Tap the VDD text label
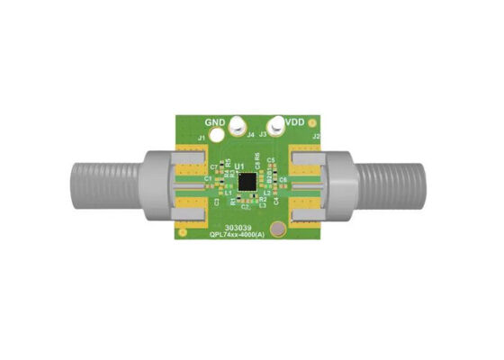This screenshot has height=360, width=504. pyautogui.click(x=295, y=121)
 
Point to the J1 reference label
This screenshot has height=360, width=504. pyautogui.click(x=202, y=137)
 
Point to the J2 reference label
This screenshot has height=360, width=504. pyautogui.click(x=315, y=137)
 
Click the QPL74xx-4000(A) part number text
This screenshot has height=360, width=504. pyautogui.click(x=237, y=236)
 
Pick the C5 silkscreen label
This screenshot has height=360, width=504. pyautogui.click(x=272, y=160)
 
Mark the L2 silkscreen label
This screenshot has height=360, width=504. pyautogui.click(x=266, y=193)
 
